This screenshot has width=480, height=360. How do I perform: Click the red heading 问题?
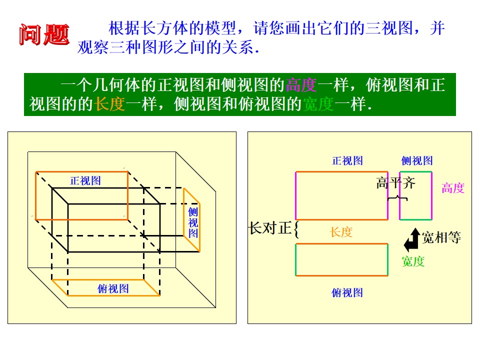(44, 34)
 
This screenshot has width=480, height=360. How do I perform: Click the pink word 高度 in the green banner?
(301, 85)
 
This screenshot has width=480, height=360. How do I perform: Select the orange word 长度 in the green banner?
(109, 104)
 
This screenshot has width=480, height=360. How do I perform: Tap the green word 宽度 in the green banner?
(318, 104)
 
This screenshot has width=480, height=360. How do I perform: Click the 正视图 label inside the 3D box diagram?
(85, 180)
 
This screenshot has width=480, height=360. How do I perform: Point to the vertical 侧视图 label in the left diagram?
(193, 222)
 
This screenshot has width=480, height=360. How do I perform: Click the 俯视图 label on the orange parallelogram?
(113, 288)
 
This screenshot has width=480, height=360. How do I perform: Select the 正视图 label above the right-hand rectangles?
(347, 160)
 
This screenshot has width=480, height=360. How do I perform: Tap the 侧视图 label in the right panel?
(417, 160)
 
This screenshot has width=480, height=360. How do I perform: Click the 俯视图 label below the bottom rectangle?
(347, 292)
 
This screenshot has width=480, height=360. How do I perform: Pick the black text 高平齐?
(396, 183)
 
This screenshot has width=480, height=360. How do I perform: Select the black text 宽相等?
(441, 237)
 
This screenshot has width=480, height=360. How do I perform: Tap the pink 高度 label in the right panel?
(453, 188)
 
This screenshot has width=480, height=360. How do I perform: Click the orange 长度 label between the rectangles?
(341, 232)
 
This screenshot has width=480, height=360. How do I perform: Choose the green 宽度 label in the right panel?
(413, 261)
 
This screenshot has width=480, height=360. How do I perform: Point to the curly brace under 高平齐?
(397, 198)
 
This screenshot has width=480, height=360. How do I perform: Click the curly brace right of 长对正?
(295, 229)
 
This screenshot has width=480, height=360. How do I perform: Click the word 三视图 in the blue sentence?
(389, 28)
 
